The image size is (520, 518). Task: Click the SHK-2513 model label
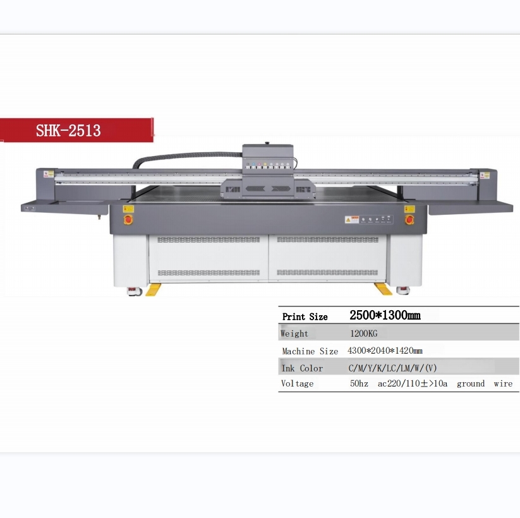(68, 130)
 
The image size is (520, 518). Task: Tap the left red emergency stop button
(128, 219)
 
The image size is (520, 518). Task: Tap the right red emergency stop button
(409, 219)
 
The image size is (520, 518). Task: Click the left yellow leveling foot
(153, 289)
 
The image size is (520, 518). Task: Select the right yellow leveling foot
(383, 289)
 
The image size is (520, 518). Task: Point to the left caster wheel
(135, 291)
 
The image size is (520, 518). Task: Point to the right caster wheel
(403, 291)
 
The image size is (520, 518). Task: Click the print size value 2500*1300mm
(385, 315)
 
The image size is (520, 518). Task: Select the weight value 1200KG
(364, 334)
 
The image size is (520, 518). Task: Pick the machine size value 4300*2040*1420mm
(385, 351)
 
